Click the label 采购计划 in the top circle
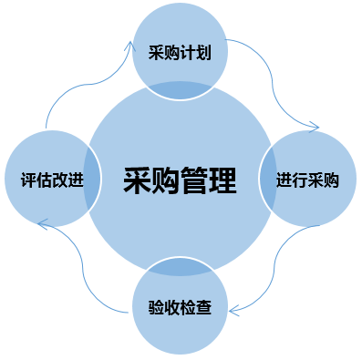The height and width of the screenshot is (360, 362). (180, 53)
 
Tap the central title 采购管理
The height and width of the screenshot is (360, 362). (180, 180)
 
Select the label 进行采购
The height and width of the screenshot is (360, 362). (307, 180)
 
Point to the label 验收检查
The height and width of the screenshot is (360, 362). (180, 307)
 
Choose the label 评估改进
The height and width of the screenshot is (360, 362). (52, 180)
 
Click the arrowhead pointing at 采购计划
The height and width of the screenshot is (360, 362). (131, 46)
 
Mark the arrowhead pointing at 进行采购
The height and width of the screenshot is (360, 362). (315, 127)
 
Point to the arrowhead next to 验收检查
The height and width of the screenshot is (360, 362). (233, 311)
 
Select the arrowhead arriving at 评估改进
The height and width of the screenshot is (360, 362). (42, 224)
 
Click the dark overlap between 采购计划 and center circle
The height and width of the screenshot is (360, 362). (180, 90)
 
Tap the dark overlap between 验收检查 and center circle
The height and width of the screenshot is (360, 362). (180, 266)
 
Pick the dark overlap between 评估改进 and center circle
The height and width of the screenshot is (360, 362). (92, 179)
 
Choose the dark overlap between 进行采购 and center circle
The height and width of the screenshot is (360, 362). (268, 179)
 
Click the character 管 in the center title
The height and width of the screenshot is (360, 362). (194, 180)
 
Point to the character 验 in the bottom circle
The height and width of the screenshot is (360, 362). (156, 307)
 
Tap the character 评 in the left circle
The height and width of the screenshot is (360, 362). (28, 180)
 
